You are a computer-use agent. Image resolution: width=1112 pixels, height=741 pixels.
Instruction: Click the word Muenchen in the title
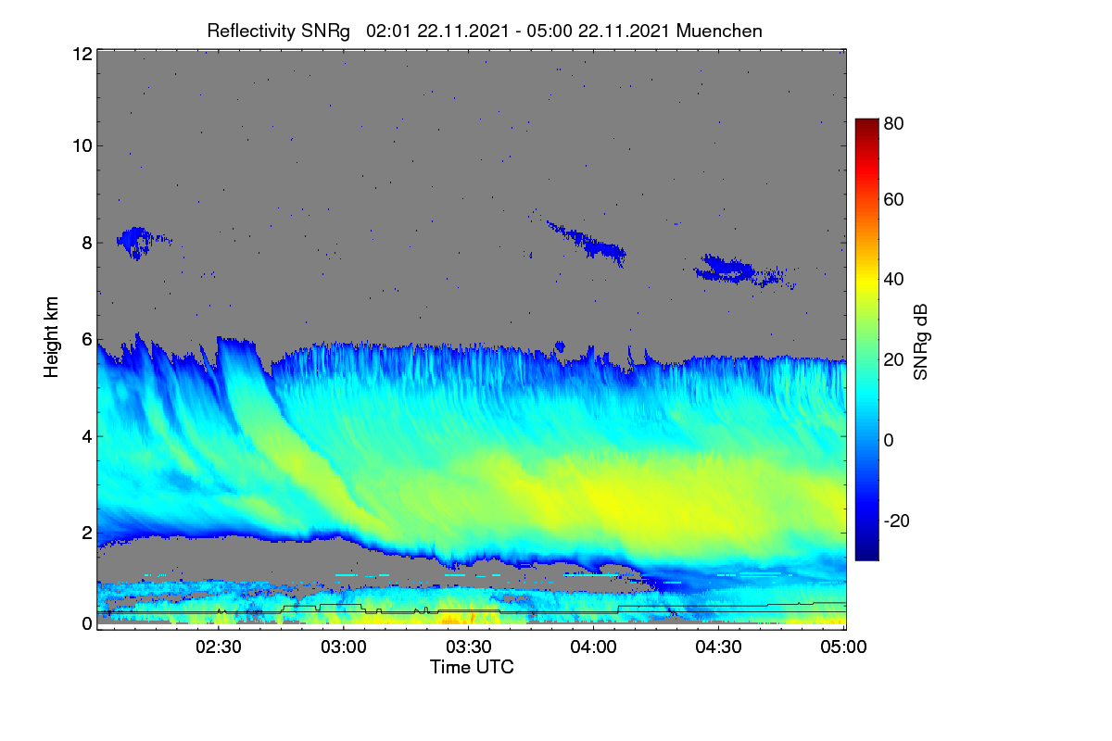(x=719, y=31)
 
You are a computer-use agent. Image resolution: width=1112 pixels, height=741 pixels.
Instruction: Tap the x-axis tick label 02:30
(x=219, y=647)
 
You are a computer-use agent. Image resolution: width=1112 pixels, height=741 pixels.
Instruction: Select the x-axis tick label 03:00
(x=344, y=647)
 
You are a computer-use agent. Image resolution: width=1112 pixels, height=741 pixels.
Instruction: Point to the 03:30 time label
(x=469, y=647)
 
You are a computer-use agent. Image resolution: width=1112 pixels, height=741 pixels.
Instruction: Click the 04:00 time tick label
(x=594, y=647)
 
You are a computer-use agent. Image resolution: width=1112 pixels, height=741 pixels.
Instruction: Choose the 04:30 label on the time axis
(x=719, y=647)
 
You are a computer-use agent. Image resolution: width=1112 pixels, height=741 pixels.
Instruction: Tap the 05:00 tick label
(x=844, y=647)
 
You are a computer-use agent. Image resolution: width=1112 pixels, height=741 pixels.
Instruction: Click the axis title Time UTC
(x=472, y=668)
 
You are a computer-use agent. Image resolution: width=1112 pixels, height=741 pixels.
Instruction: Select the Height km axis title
(x=51, y=337)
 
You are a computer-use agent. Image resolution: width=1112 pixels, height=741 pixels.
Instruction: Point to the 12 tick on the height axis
(x=82, y=54)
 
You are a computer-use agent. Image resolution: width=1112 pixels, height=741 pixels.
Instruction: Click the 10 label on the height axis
(x=82, y=146)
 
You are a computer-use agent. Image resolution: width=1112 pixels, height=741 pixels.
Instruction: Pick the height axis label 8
(x=87, y=244)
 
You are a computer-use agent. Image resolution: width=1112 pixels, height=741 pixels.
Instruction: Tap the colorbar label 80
(x=893, y=123)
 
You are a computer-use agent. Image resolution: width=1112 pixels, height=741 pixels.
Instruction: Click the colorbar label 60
(x=893, y=199)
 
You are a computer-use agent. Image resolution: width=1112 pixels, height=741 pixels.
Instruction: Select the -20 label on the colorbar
(x=897, y=521)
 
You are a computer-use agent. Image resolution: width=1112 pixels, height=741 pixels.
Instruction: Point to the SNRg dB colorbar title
(x=921, y=343)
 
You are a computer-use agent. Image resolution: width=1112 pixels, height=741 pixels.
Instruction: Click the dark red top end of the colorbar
(x=866, y=121)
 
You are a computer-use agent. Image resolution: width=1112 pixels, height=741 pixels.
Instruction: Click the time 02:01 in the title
(x=388, y=31)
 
